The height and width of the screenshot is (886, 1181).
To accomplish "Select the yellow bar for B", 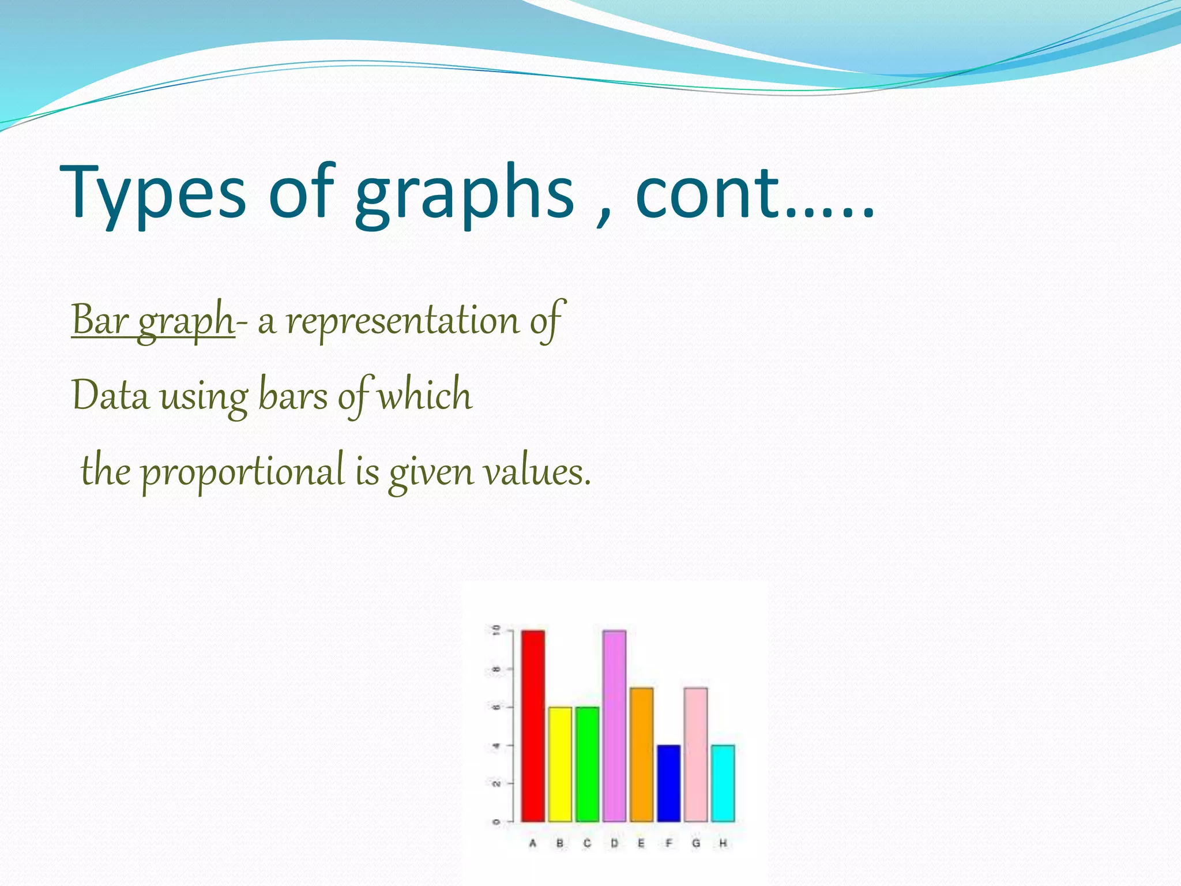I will (560, 764).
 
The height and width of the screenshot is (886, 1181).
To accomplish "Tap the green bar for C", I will (587, 764).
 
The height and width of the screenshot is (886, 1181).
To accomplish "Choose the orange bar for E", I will (641, 754).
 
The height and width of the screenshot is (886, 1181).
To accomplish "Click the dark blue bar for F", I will (668, 783).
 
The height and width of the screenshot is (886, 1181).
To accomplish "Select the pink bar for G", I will (695, 754).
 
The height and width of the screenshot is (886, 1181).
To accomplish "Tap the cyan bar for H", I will (723, 783).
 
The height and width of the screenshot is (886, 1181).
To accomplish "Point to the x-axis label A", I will (533, 843).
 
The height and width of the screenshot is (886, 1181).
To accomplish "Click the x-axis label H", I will (723, 843).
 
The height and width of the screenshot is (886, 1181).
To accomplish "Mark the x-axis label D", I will (614, 843).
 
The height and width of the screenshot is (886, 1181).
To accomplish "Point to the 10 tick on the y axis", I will (495, 630).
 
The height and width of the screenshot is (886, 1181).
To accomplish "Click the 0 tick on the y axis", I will (495, 821).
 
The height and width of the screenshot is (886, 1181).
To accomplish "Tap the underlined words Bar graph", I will (152, 321).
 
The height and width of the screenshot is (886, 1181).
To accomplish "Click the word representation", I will (403, 321).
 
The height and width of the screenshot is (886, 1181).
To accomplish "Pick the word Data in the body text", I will (110, 397).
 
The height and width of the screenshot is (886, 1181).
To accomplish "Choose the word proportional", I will (243, 472).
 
